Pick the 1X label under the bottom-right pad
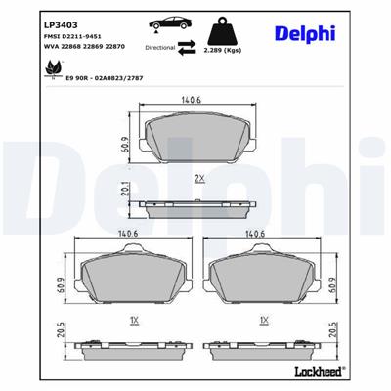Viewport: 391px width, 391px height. coord(262,319)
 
